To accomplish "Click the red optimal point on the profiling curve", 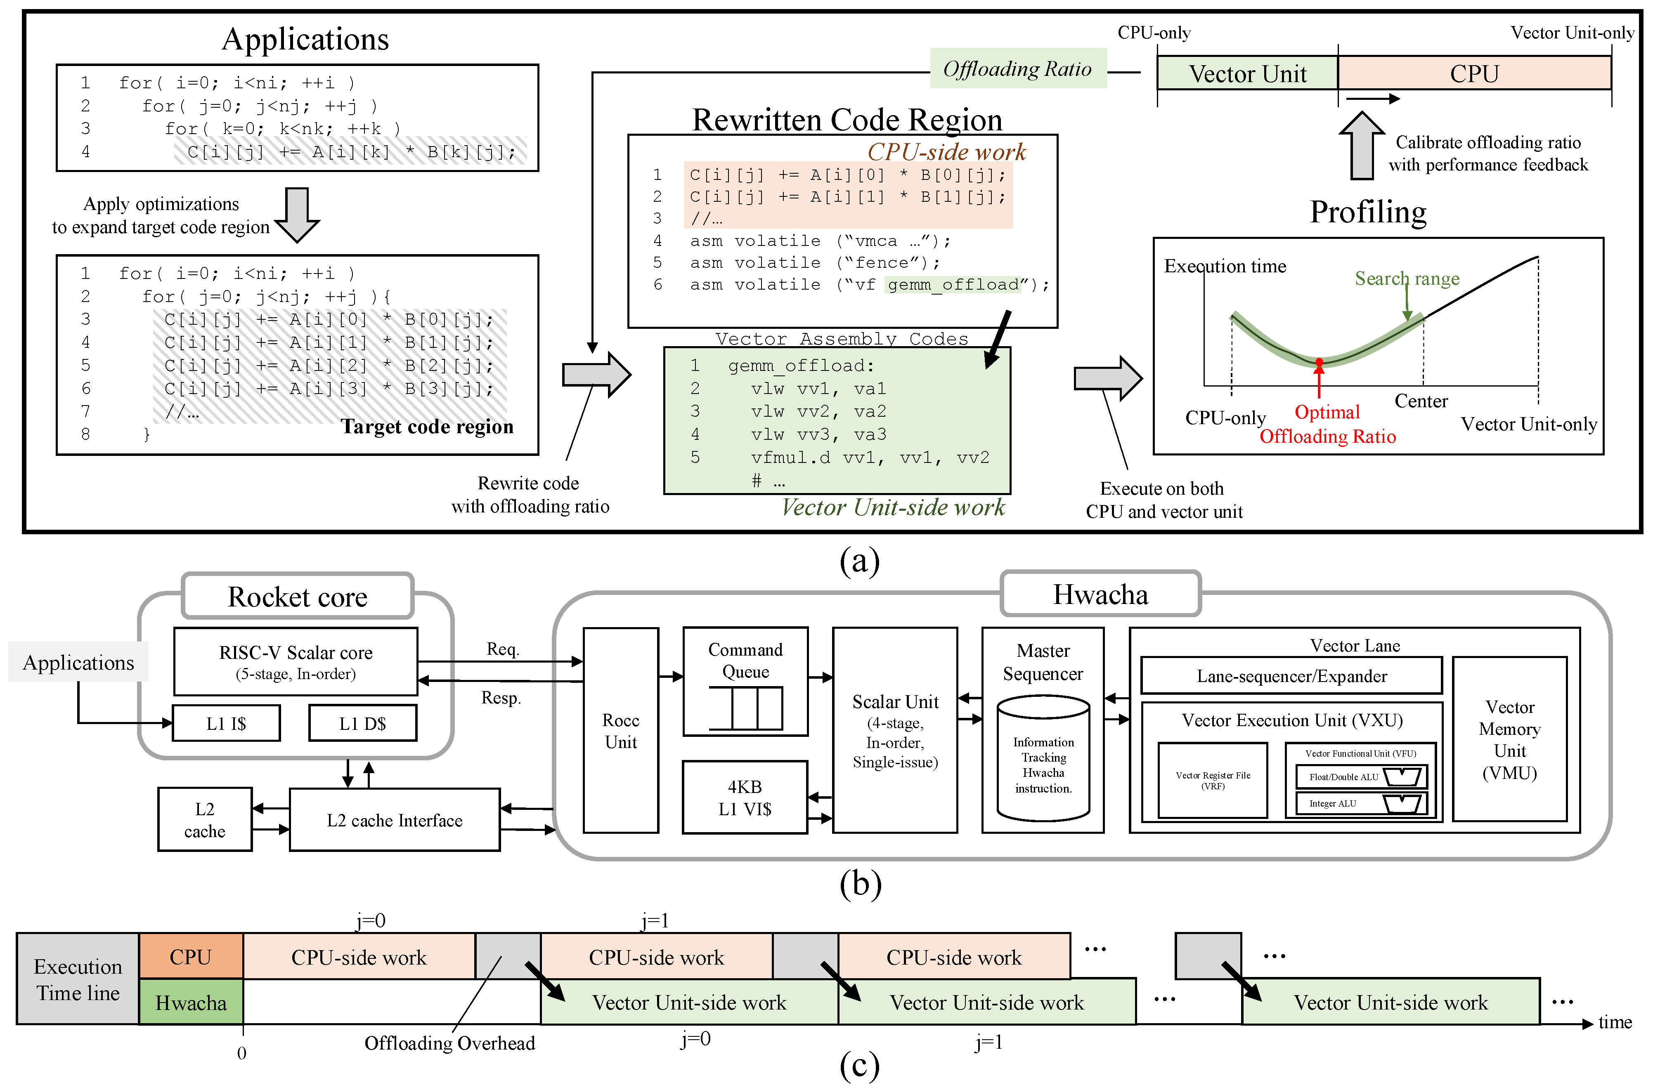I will pyautogui.click(x=1319, y=362).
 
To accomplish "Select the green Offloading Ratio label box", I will pyautogui.click(x=1017, y=69).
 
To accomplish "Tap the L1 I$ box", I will pyautogui.click(x=226, y=724).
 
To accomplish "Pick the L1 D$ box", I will pyautogui.click(x=362, y=724).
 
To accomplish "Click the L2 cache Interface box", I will pyautogui.click(x=394, y=820).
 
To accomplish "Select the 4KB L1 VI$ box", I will pyautogui.click(x=745, y=797).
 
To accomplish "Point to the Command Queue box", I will pyautogui.click(x=745, y=681).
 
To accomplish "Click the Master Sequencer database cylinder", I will pyautogui.click(x=1043, y=759).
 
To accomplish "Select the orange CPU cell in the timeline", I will pyautogui.click(x=191, y=956).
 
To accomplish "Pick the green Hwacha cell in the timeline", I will pyautogui.click(x=191, y=1003).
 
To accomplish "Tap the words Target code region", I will pyautogui.click(x=427, y=426).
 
